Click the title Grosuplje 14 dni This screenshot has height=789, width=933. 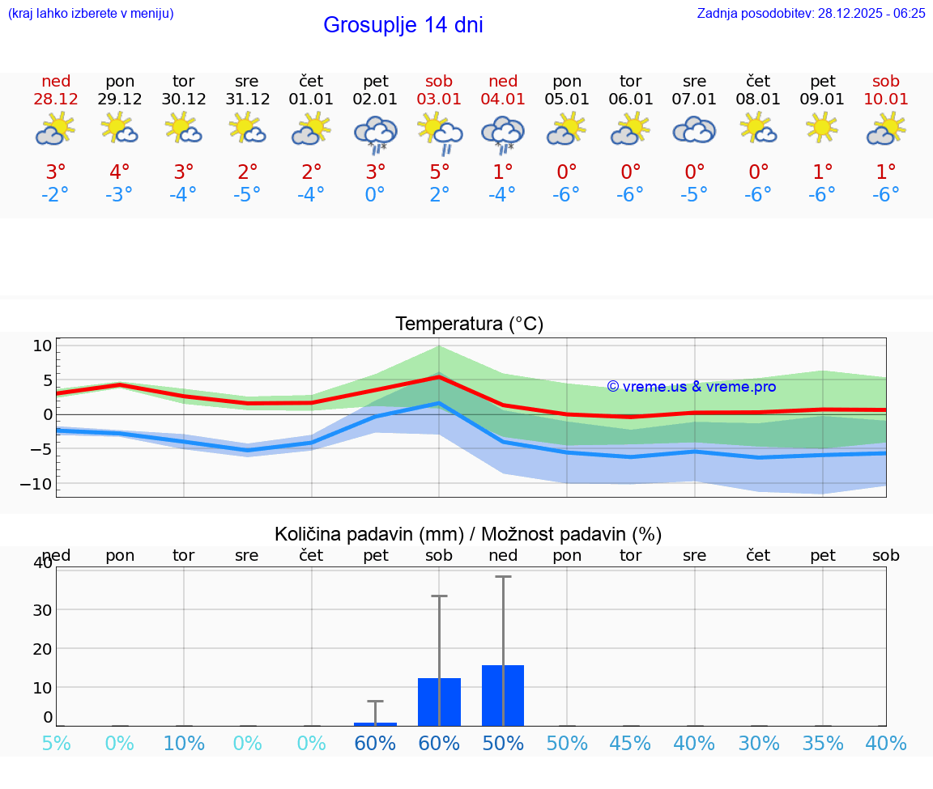[x=403, y=25]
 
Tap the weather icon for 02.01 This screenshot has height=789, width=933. [x=375, y=134]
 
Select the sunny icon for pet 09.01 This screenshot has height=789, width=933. [x=822, y=128]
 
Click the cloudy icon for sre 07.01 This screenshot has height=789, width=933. [x=694, y=129]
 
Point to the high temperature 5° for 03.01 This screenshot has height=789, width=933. [x=439, y=172]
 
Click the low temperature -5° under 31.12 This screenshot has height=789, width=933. [x=247, y=195]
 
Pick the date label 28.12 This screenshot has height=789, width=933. [x=56, y=99]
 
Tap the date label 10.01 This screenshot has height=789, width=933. [x=886, y=99]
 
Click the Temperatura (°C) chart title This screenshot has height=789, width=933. [x=469, y=324]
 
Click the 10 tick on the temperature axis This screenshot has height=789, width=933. [x=42, y=346]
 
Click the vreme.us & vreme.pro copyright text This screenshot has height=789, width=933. [x=691, y=387]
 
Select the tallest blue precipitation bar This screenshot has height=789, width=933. [x=503, y=695]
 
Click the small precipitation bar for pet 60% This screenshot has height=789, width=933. [x=375, y=723]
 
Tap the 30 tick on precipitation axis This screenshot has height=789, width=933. [x=42, y=609]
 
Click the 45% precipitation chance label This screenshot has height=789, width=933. [x=630, y=743]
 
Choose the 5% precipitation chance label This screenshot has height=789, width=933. [x=56, y=743]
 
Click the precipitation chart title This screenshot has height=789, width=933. [x=468, y=534]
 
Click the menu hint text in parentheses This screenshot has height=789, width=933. [x=91, y=13]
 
